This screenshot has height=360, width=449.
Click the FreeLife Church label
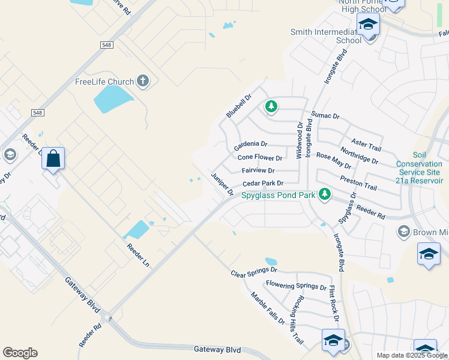[x=104, y=82]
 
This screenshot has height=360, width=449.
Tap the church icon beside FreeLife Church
[x=142, y=81]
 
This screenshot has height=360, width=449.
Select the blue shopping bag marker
[x=53, y=159]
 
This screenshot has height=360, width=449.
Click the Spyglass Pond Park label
[x=279, y=195]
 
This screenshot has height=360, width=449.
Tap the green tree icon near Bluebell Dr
[x=271, y=107]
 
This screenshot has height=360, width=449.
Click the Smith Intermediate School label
[x=325, y=36]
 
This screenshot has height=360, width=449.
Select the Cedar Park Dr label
[x=262, y=183]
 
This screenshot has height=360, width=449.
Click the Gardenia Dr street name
[x=250, y=145]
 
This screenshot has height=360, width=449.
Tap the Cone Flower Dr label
[x=260, y=158]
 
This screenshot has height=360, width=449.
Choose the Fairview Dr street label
[x=258, y=170]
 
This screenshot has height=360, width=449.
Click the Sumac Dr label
[x=325, y=115]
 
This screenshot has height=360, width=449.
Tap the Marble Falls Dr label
[x=268, y=308]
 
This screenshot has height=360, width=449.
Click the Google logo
[x=20, y=353]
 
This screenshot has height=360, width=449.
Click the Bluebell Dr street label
[x=238, y=105]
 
